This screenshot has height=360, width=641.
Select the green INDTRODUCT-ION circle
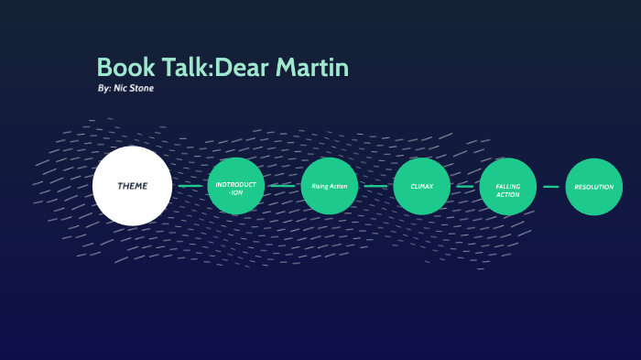(236, 186)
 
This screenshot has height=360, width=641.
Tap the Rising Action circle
(330, 186)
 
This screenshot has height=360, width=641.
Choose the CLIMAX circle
(422, 186)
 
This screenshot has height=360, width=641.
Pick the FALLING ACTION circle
(508, 186)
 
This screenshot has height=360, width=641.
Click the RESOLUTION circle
(593, 186)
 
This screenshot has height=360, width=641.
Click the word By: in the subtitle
(103, 88)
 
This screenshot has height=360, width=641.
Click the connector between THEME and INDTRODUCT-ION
(190, 186)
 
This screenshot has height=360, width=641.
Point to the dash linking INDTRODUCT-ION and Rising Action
(283, 186)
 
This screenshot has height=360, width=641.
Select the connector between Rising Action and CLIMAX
(375, 186)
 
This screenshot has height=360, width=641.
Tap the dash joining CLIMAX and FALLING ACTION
(465, 186)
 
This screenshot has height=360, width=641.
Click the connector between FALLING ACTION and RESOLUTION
(550, 186)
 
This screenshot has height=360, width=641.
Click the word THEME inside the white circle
(132, 186)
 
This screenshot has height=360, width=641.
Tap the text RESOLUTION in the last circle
(593, 187)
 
